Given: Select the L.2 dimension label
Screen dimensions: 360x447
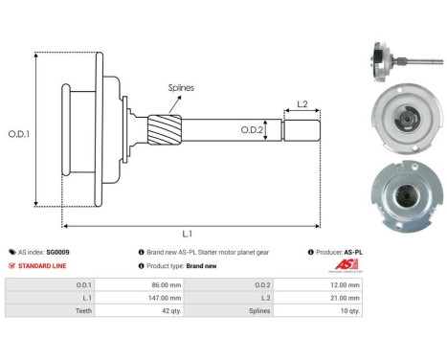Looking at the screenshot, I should [x=302, y=103].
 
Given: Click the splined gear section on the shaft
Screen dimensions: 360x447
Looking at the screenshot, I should [x=162, y=127].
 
